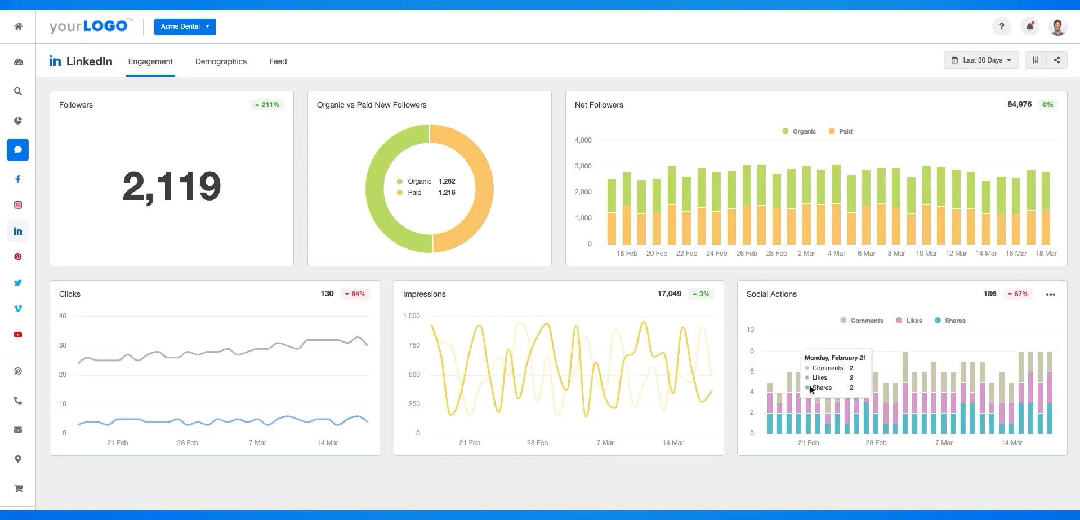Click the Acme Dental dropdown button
(x=185, y=26)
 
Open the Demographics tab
(x=221, y=61)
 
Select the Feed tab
(x=278, y=61)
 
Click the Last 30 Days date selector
(x=981, y=60)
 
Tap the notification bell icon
(x=1029, y=26)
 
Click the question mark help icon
(x=1001, y=26)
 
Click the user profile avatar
(x=1057, y=26)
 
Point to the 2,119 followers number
(x=172, y=186)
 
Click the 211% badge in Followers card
(x=267, y=105)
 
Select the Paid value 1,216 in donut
(x=447, y=193)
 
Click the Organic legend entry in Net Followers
(x=799, y=131)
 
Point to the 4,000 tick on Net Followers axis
(x=583, y=140)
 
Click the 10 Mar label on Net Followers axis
(x=926, y=254)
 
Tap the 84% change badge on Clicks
(x=355, y=294)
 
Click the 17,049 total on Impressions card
(x=669, y=294)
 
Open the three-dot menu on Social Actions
(x=1050, y=295)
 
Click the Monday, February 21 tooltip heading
(x=835, y=358)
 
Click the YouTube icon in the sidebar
(x=18, y=335)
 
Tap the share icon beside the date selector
(x=1056, y=60)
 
